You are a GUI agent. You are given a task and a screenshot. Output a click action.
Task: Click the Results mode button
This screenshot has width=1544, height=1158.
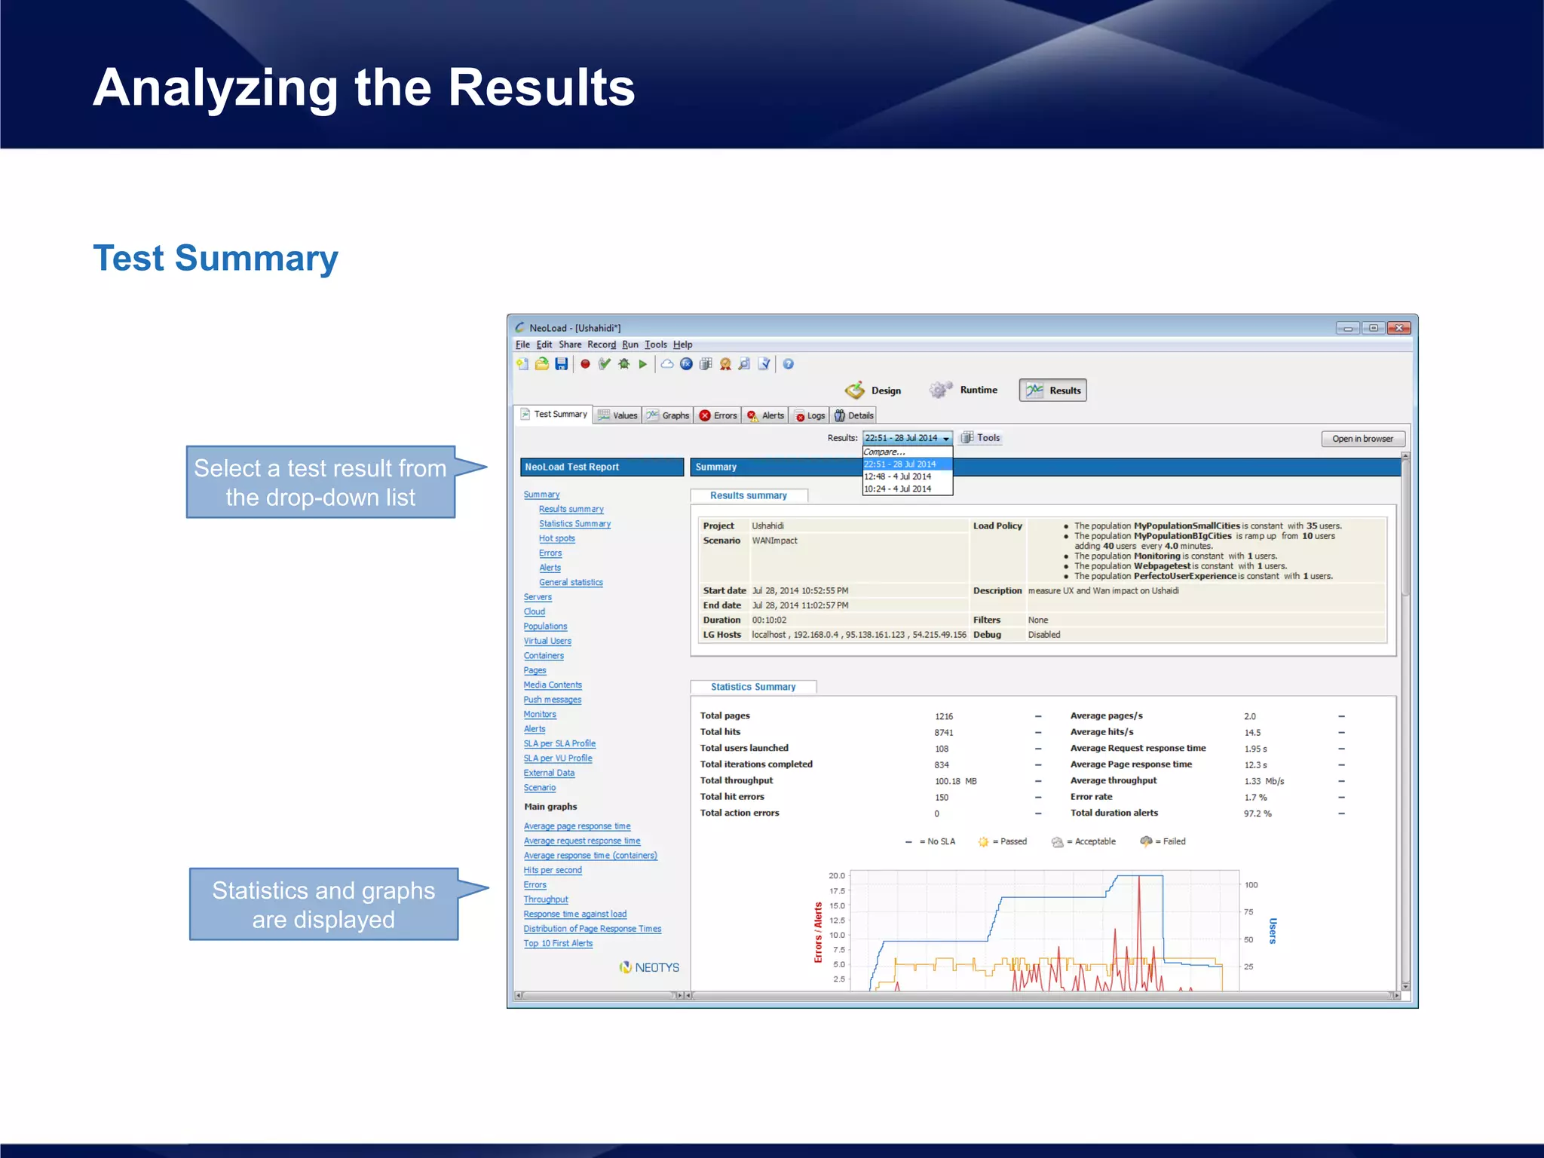tap(1052, 390)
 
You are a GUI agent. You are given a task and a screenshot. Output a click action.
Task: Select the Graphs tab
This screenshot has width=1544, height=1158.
tap(668, 415)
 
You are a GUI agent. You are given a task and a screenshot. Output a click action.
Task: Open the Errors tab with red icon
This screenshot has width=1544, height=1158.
tap(718, 415)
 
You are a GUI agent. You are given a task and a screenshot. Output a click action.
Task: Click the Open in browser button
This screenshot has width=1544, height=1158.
tap(1362, 439)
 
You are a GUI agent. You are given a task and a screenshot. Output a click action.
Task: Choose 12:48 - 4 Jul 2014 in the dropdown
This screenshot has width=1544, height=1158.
tap(898, 476)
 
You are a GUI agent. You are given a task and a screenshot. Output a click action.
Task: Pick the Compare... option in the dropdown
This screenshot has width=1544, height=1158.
tap(885, 452)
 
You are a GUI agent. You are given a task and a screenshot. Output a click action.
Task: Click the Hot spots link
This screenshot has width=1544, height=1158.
tap(556, 538)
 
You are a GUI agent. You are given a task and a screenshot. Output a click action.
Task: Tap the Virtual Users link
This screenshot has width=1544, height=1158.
tap(547, 641)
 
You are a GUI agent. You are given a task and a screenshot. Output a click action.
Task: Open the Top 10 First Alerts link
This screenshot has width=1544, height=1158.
tap(558, 943)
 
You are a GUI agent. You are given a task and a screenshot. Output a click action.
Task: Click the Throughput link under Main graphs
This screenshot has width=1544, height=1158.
tap(546, 899)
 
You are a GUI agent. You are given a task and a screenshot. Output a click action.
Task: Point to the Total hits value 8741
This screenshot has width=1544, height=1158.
tap(944, 732)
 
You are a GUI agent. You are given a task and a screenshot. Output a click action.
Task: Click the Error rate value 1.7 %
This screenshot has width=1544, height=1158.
tap(1255, 797)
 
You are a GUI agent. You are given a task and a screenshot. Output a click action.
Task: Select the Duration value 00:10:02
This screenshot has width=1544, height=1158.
tap(769, 620)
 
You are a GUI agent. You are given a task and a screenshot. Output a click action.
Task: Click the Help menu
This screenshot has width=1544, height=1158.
tap(682, 345)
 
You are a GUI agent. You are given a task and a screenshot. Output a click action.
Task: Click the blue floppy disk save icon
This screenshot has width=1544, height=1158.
tap(561, 364)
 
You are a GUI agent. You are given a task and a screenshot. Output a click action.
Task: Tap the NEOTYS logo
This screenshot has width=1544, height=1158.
tap(649, 967)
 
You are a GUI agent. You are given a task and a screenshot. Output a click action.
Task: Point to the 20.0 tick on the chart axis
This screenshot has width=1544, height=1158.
tap(837, 875)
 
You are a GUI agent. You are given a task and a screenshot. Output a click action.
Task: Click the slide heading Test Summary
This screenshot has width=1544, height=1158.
tap(216, 258)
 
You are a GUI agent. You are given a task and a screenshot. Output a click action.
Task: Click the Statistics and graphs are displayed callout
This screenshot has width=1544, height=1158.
tap(323, 905)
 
